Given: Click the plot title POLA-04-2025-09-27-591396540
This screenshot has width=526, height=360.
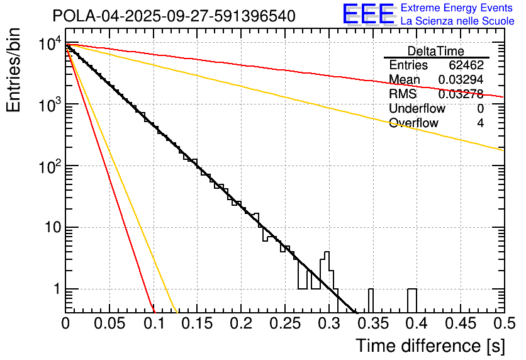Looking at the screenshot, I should (x=174, y=16).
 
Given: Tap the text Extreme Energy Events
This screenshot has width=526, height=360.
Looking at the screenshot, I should (x=457, y=9).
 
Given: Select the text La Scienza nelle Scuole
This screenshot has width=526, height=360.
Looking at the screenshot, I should (x=457, y=21).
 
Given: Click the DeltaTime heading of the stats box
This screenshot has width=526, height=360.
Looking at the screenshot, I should (x=435, y=51).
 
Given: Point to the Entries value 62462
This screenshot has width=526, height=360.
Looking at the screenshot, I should (x=466, y=65).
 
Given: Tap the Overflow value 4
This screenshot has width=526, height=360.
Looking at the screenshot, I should (x=480, y=123).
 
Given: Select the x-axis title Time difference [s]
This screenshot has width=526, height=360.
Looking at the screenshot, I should (x=429, y=346).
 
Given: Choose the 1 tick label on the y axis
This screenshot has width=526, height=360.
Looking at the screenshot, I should (x=55, y=290).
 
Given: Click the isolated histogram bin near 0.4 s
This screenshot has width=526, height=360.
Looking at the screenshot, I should (x=412, y=300).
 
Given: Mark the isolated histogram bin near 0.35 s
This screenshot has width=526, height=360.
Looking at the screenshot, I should (x=371, y=300).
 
